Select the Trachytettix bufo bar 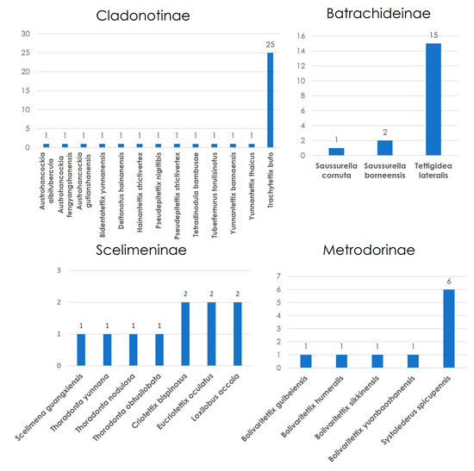point(271,100)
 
